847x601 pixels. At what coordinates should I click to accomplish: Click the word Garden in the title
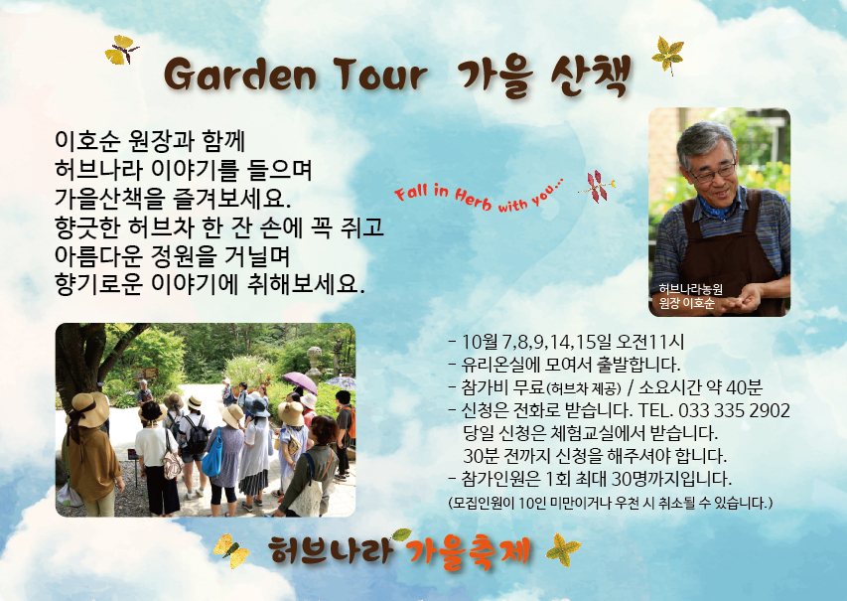tap(240, 75)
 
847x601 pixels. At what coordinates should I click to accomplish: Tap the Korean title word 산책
tap(591, 76)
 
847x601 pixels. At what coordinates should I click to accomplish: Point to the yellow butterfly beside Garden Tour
tap(121, 51)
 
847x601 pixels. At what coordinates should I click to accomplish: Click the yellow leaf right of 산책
tap(668, 55)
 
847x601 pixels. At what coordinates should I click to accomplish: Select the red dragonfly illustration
tap(597, 187)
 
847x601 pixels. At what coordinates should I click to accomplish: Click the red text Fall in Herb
tap(443, 196)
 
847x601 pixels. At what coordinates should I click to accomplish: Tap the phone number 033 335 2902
tap(734, 410)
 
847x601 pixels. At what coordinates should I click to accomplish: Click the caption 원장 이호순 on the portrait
tap(686, 303)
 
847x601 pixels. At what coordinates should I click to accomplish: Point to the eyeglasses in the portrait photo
tap(713, 172)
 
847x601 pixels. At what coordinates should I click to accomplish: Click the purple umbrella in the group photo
tap(300, 382)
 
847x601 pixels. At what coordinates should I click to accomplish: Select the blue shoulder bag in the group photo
tap(212, 455)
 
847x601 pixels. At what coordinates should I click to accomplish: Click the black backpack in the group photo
tap(198, 434)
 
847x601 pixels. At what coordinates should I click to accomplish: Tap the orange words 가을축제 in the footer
tap(469, 551)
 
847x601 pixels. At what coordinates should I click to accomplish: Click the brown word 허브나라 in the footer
tap(330, 550)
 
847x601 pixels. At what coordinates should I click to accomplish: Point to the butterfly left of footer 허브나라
tap(231, 550)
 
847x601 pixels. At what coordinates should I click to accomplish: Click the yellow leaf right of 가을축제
tap(563, 550)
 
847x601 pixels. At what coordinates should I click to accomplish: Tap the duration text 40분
tap(744, 387)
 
